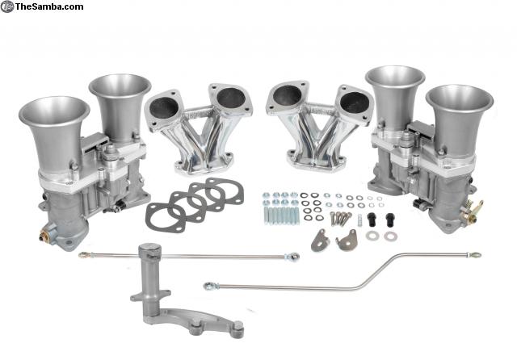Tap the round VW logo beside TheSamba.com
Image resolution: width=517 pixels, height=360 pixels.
click(x=7, y=6)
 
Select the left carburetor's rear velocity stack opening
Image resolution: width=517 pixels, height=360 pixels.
click(x=120, y=86)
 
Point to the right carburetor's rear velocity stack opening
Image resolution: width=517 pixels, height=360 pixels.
click(x=395, y=77)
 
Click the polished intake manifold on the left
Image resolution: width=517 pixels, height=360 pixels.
click(x=198, y=128)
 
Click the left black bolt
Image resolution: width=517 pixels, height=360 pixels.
click(x=372, y=219)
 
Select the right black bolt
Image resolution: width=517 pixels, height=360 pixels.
click(x=390, y=219)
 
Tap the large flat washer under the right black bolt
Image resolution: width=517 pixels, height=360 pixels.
click(x=391, y=236)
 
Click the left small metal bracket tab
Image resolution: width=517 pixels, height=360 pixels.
click(x=320, y=241)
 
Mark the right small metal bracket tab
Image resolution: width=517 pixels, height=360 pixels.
click(x=347, y=240)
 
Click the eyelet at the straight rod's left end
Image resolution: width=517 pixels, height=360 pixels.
click(x=82, y=254)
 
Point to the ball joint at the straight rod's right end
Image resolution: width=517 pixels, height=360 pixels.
click(x=293, y=256)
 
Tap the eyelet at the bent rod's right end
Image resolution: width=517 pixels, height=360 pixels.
click(x=477, y=254)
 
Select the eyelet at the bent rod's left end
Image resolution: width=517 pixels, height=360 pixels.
click(x=208, y=287)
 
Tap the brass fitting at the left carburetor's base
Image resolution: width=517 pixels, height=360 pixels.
click(x=43, y=237)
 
